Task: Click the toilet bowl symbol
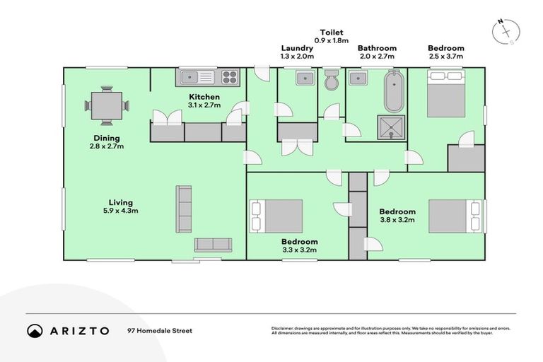(x=330, y=82)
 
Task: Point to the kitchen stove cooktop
(x=230, y=76)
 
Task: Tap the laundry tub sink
(x=306, y=77)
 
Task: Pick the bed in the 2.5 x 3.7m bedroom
(x=446, y=93)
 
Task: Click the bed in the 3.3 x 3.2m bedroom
(x=276, y=215)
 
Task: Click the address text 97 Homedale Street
(x=159, y=330)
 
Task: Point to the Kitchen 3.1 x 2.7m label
(x=204, y=100)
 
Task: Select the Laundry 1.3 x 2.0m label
(x=296, y=52)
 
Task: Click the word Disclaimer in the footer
(x=284, y=328)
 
